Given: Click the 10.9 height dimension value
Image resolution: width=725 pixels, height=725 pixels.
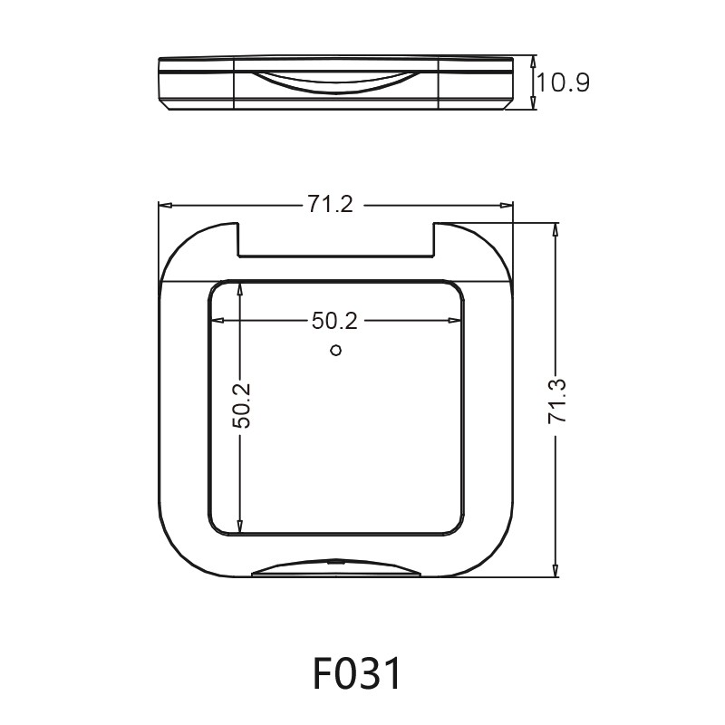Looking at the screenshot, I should pos(563,83).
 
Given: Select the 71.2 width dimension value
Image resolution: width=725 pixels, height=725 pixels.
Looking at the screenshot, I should pos(329,206).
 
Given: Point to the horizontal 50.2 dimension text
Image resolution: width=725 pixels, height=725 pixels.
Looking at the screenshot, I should pos(335,320).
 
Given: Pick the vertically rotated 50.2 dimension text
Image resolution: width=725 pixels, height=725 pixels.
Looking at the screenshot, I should pos(240,405).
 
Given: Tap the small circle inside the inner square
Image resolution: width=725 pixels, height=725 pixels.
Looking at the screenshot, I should pos(335,351).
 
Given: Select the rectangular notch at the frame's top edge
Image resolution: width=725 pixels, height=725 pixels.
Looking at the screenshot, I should pos(335,240).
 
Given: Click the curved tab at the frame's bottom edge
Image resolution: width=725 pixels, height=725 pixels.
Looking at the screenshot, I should pos(336,567).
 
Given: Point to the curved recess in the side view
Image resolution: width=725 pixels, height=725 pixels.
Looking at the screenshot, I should pos(336,80).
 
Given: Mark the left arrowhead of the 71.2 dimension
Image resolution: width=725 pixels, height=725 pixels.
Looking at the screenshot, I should pos(165,206).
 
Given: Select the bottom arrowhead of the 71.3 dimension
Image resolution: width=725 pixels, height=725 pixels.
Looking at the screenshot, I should pos(556,570).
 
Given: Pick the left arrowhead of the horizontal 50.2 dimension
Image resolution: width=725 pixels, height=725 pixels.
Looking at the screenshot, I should pos(217,320).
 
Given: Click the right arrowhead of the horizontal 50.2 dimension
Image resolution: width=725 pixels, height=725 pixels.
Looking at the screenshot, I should pos(454,320).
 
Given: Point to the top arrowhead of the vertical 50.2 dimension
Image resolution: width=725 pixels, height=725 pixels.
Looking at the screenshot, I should pos(240,287).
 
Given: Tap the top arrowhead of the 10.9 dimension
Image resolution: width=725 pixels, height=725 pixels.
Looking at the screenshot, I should pos(534,62).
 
